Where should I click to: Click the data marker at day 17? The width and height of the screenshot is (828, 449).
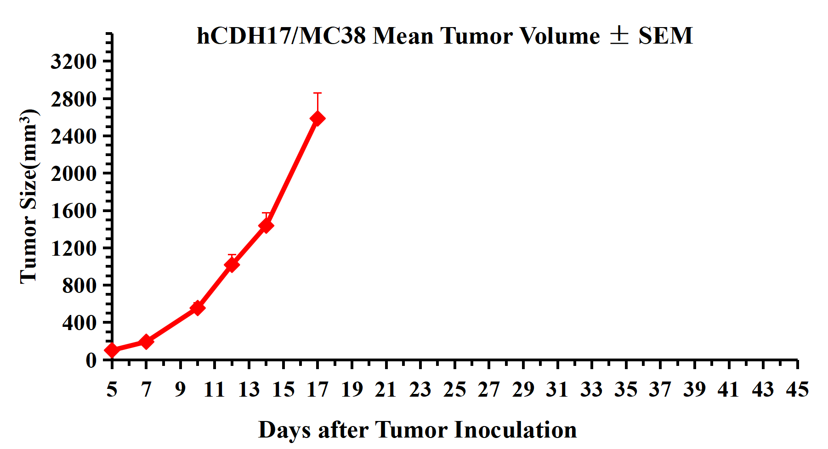coord(318,118)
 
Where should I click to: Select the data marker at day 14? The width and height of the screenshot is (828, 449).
coord(266,225)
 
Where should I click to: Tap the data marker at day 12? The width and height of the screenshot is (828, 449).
coord(232,264)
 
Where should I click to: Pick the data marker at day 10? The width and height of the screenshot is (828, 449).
coord(198,308)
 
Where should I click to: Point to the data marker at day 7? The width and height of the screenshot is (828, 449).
coord(146,342)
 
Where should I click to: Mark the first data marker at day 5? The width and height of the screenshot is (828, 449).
coord(112,350)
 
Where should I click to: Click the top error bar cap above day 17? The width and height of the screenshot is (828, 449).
coord(318,93)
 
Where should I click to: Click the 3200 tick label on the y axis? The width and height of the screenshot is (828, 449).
coord(74,61)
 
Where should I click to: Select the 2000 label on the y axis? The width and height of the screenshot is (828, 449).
coord(74,174)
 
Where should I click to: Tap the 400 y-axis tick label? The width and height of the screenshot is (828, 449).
coord(79,323)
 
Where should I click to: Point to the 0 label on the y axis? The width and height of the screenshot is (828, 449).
coord(91,360)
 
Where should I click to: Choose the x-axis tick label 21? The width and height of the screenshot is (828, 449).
coord(386,390)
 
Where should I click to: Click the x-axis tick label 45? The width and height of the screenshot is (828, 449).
coord(797,390)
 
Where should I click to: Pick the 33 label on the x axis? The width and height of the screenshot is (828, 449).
coord(591,390)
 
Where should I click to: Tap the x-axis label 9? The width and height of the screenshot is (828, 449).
coord(180,390)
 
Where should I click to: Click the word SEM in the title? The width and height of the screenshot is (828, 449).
coord(665,36)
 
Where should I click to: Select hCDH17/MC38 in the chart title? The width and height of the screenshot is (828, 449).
coord(281,36)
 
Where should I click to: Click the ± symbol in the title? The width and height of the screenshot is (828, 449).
coord(619,35)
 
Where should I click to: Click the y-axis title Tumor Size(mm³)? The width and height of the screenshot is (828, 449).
coord(28,196)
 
